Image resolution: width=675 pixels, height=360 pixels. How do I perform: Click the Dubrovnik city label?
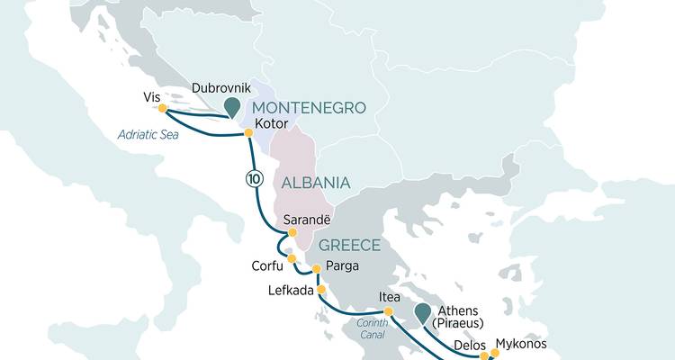(221, 88)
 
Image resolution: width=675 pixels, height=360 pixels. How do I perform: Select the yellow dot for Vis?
(163, 109)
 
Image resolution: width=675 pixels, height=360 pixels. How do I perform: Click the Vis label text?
(150, 96)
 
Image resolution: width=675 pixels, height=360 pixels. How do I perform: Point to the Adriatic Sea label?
(148, 135)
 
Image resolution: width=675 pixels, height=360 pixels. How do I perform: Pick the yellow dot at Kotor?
(248, 133)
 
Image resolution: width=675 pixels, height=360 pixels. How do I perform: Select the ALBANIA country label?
(315, 183)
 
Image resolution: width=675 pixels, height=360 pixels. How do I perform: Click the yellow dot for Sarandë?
(292, 232)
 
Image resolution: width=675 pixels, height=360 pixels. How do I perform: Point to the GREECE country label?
(350, 245)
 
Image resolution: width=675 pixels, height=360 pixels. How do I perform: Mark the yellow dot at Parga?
(316, 268)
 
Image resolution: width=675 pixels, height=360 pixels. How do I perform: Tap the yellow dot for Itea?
(389, 312)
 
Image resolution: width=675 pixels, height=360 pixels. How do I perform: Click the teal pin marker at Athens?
(423, 314)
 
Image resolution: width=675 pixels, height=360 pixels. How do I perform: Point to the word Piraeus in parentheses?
(460, 324)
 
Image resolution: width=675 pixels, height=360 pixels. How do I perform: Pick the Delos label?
(469, 343)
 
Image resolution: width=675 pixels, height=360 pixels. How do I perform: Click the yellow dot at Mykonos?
(494, 353)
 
